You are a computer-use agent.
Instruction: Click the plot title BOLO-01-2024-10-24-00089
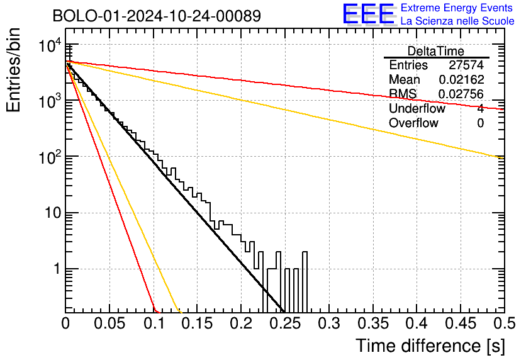coord(157,16)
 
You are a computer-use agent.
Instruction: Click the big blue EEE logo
coord(368,14)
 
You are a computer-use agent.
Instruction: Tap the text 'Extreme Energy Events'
coord(457,8)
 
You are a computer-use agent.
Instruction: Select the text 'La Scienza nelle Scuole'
coord(457,21)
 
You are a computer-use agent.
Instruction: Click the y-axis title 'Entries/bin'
coord(13,70)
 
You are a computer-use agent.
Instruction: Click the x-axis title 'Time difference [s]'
coord(430,346)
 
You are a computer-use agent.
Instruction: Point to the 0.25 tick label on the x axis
coord(285,323)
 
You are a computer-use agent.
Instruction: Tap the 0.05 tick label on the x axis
coord(109,323)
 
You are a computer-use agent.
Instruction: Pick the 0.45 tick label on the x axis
coord(461,323)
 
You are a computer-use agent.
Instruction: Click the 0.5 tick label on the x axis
coord(504,323)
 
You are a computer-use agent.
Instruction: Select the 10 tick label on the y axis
coord(53,213)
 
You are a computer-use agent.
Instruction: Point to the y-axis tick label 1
coord(58,269)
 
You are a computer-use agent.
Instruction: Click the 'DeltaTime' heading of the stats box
coord(436,51)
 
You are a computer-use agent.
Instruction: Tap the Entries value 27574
coord(466,65)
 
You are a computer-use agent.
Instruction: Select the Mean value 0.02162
coord(462,79)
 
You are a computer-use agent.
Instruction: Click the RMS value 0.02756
coord(462,94)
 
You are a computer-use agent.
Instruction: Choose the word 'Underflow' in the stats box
coord(417,108)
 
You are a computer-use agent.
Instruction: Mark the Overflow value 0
coord(480,123)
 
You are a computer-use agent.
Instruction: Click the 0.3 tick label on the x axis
coord(328,323)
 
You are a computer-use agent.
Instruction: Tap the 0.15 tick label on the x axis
coord(198,323)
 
